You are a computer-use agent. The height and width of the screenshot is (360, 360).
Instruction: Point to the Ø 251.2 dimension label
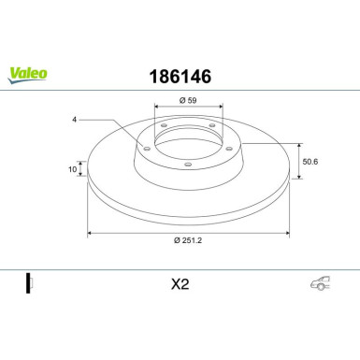tap(189, 243)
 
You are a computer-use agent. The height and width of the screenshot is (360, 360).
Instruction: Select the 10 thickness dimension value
tap(72, 171)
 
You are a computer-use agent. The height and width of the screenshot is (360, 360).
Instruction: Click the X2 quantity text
tap(180, 284)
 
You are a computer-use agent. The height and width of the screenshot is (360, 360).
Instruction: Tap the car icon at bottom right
tap(319, 284)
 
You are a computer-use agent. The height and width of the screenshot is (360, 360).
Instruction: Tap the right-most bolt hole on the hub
tap(225, 146)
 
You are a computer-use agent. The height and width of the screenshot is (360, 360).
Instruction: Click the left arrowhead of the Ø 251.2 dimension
tap(90, 233)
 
